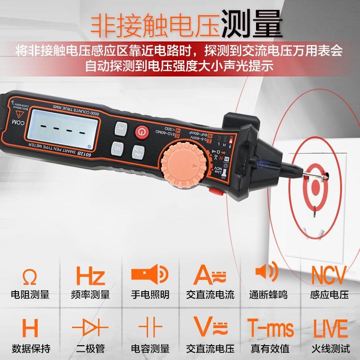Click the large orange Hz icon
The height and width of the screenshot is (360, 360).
(x=90, y=276)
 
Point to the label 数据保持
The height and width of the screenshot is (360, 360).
(x=30, y=348)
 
